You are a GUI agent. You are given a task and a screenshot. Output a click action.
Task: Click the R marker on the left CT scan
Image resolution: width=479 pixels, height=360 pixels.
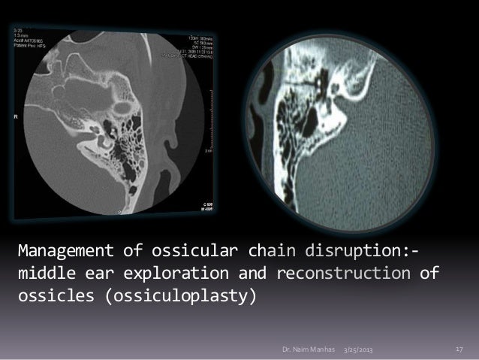(16, 117)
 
